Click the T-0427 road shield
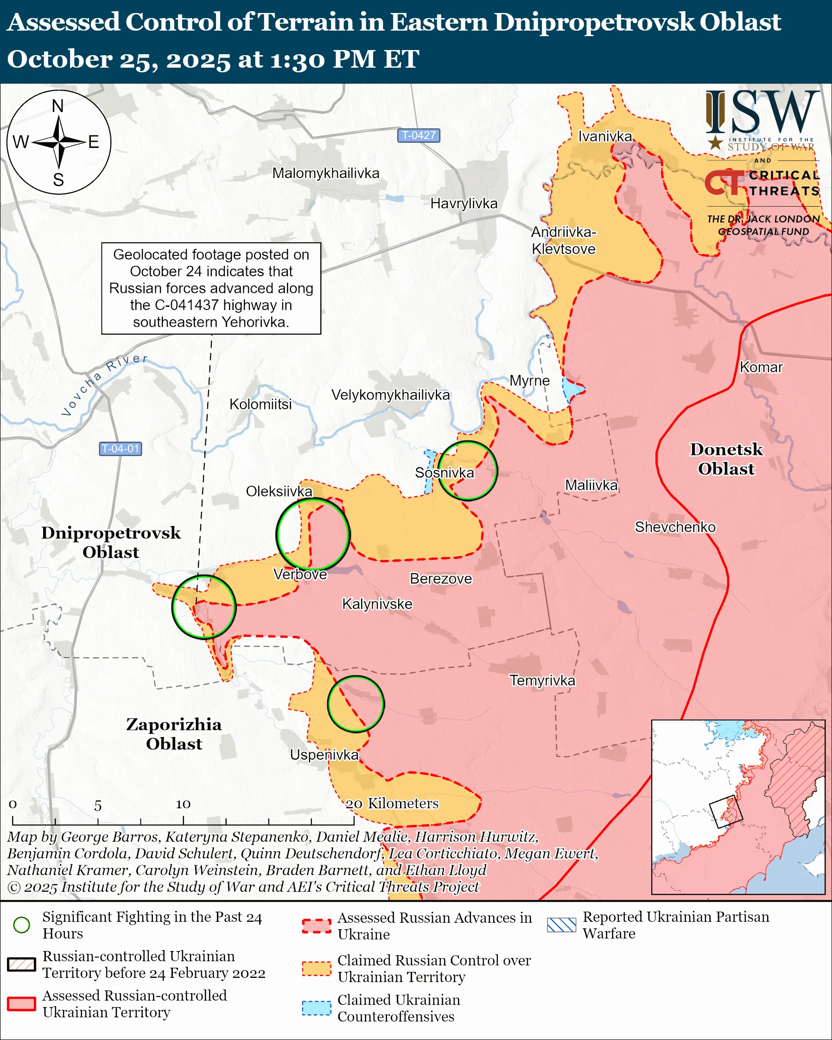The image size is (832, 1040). click(418, 135)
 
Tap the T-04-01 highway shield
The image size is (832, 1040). click(121, 449)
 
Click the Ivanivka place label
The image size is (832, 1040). click(605, 137)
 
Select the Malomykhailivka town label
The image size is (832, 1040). click(325, 173)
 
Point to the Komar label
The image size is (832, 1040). click(761, 367)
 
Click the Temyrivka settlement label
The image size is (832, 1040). click(542, 681)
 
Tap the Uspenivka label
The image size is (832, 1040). click(324, 755)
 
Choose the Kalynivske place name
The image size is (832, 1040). click(377, 604)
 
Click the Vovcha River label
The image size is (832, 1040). click(103, 385)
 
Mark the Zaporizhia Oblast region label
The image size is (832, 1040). click(174, 734)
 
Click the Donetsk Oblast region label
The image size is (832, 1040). click(726, 459)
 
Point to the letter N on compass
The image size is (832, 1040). click(58, 106)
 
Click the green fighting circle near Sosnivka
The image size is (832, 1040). click(467, 470)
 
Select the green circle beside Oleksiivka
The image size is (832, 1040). click(313, 534)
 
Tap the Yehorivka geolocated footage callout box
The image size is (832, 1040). click(211, 288)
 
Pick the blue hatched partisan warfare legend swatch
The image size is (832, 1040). click(561, 925)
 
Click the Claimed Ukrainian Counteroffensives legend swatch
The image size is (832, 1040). click(317, 1008)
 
